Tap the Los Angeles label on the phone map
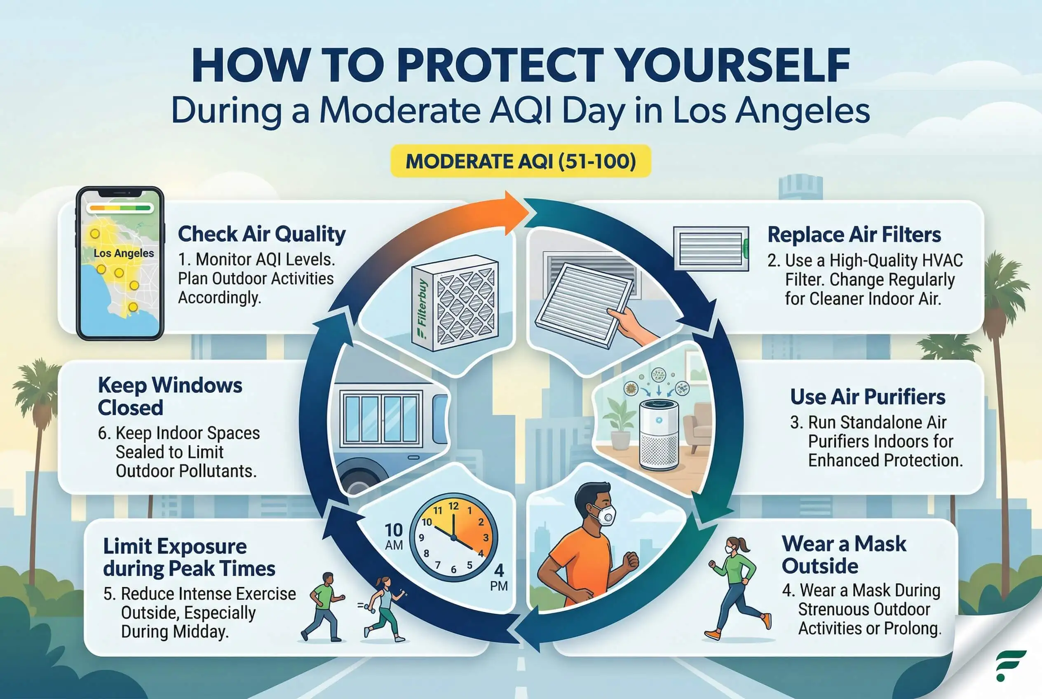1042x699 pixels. pos(124,253)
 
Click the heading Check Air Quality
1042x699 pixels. pos(262,234)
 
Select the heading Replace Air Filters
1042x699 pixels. pos(854,235)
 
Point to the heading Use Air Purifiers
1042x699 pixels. pos(868,397)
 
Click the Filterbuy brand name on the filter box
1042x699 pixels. pos(422,308)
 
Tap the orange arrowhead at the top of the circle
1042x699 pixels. pos(517,213)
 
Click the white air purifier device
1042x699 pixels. pos(659,435)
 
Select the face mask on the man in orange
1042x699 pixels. pos(605,515)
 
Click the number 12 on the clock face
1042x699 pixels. pos(453,506)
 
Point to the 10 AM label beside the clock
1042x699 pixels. pos(394,536)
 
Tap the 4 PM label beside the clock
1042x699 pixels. pos(499,577)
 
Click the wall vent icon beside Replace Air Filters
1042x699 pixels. pos(711,248)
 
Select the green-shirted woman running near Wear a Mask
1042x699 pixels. pos(738,588)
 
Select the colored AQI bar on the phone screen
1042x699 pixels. pos(120,208)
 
